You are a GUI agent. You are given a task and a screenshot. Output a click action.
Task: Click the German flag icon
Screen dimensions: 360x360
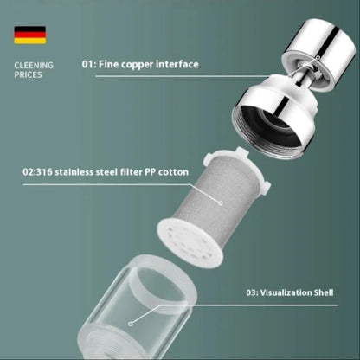(30, 35)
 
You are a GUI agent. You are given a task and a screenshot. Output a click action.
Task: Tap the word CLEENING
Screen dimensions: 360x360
(34, 66)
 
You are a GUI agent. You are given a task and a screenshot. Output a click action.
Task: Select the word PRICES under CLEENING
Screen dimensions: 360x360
(28, 75)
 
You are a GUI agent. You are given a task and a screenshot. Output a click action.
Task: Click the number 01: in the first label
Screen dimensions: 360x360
(89, 64)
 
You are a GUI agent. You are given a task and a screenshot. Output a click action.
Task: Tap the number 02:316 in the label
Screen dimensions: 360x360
(37, 172)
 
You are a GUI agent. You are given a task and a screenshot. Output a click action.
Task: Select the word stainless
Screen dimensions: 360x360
(74, 172)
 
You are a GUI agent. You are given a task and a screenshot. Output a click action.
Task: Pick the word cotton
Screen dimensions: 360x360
(173, 172)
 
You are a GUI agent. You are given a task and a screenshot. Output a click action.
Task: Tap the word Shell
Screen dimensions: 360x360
(323, 292)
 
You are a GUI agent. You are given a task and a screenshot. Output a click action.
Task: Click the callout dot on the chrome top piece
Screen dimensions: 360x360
(318, 57)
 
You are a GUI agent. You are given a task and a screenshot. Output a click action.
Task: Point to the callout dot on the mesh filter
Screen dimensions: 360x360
(221, 203)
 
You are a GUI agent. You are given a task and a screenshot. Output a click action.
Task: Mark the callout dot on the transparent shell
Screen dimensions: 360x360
(131, 324)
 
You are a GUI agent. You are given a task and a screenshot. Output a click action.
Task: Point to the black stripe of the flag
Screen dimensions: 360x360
(30, 29)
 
